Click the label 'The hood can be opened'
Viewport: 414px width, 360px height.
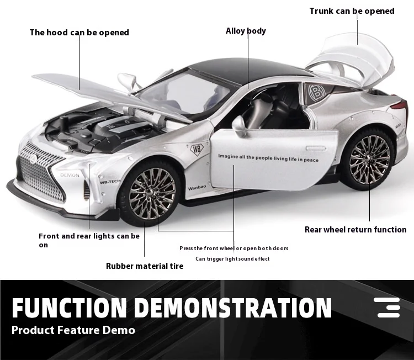coord(79,33)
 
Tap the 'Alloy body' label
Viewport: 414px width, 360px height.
coord(246,31)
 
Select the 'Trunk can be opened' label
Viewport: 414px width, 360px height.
coord(352,11)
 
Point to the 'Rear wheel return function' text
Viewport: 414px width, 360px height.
coord(355,230)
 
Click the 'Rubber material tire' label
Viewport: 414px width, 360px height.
coord(145,266)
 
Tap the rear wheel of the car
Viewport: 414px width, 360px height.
coord(368,160)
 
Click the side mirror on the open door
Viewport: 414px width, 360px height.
coord(239,125)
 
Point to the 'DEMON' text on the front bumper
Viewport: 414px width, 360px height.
coord(70,175)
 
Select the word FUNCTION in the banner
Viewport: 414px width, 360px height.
coord(69,308)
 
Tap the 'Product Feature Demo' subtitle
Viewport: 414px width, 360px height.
coord(73,330)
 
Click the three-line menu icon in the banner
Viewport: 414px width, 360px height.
coord(387,308)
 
